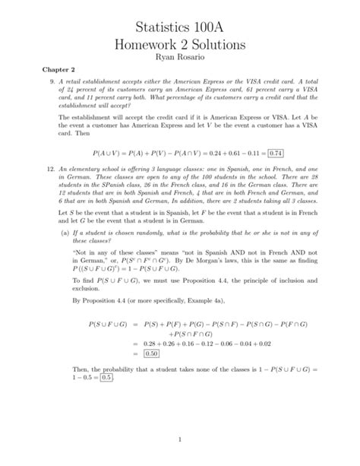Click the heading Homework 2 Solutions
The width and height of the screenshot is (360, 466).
click(x=180, y=45)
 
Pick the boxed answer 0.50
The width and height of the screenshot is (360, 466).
click(x=150, y=353)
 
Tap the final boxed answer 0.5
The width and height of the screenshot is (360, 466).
click(x=106, y=377)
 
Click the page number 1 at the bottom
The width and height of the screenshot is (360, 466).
click(x=180, y=439)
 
